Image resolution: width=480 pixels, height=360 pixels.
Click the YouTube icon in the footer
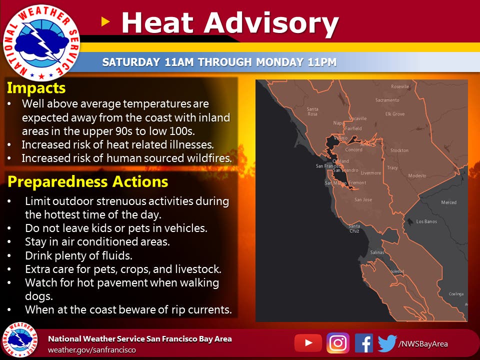[x=308, y=343]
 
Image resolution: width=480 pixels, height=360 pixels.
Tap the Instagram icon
[x=338, y=343]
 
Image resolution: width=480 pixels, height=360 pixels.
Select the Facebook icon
[x=364, y=343]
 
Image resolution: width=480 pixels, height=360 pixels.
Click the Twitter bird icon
[x=387, y=343]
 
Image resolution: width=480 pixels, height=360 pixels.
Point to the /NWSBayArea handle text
[x=423, y=344]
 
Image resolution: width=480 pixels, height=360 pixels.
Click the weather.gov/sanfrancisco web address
[x=92, y=350]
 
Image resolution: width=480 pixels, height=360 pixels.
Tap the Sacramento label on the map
[x=387, y=100]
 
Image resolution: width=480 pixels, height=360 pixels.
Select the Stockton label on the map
[x=399, y=150]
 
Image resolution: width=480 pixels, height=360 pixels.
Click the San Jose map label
[x=363, y=199]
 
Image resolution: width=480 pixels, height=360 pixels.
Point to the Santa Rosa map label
[x=312, y=111]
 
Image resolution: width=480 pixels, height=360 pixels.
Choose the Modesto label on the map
[x=417, y=175]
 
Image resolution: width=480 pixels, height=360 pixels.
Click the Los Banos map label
[x=426, y=221]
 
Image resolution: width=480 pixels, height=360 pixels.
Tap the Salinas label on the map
[x=377, y=252]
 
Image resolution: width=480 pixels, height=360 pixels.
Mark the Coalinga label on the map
[x=456, y=294]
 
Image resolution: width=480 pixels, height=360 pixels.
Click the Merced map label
[x=448, y=202]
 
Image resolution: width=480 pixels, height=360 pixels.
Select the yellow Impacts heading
[x=36, y=88]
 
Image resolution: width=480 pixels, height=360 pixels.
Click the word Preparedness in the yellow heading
[x=58, y=182]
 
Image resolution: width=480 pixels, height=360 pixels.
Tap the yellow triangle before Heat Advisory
[x=105, y=21]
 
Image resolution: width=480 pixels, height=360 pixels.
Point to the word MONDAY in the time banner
[x=280, y=62]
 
